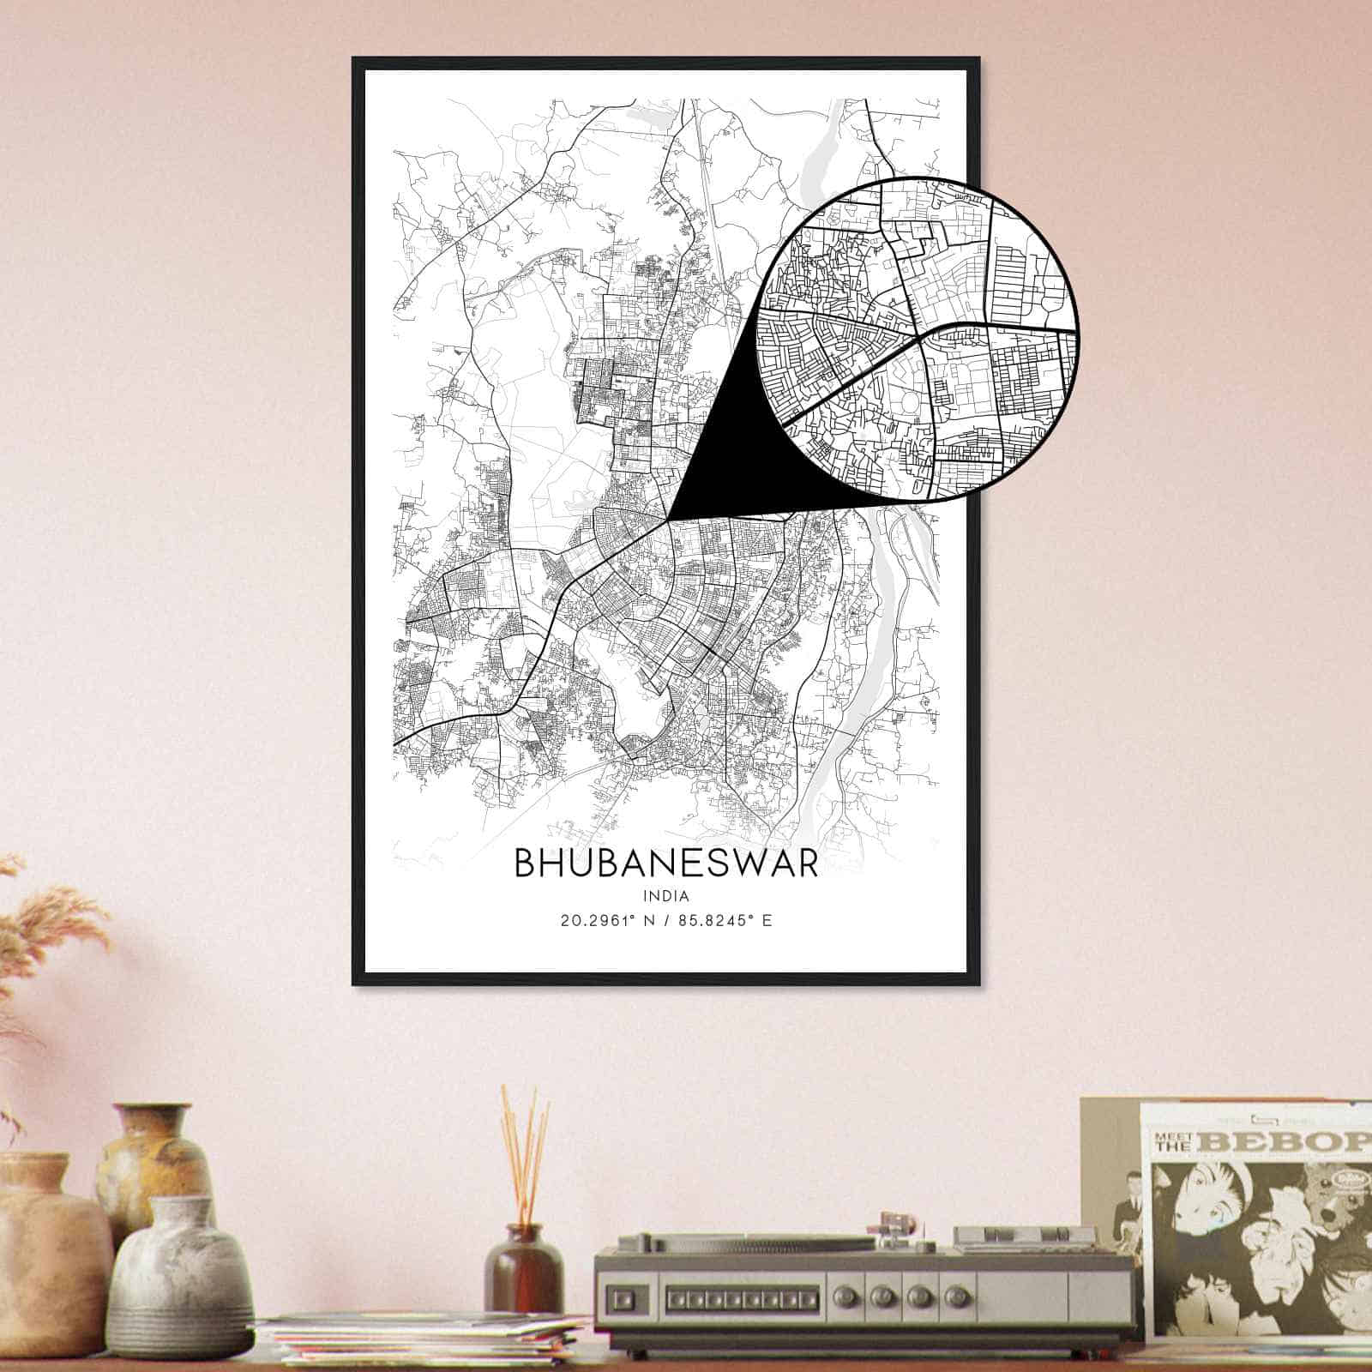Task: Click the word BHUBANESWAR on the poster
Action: (665, 864)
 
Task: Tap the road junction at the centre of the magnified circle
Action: (923, 336)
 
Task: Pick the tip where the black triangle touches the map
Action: (669, 519)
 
